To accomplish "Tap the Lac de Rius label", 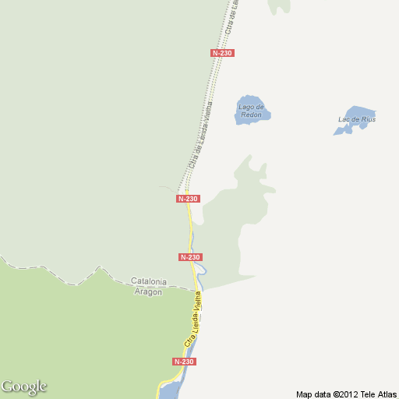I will (357, 119).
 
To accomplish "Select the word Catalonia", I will (150, 281).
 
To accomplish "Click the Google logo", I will (23, 387).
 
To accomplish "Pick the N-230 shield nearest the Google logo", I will (183, 362).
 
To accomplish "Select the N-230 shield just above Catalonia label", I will (190, 257).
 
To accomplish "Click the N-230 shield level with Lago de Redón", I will (222, 53).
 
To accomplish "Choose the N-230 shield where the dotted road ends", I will (188, 199).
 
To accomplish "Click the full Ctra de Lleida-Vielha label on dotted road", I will (200, 136).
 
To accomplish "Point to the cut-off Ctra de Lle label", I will (231, 16).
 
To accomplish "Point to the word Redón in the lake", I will (251, 115).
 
